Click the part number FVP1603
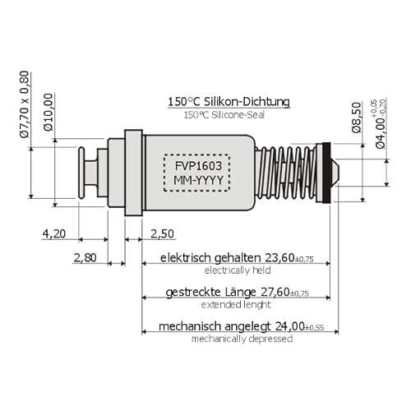click(x=197, y=164)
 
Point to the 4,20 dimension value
click(x=53, y=233)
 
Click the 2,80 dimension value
click(x=85, y=257)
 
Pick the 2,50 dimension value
click(x=163, y=233)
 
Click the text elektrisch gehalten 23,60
click(x=234, y=256)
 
